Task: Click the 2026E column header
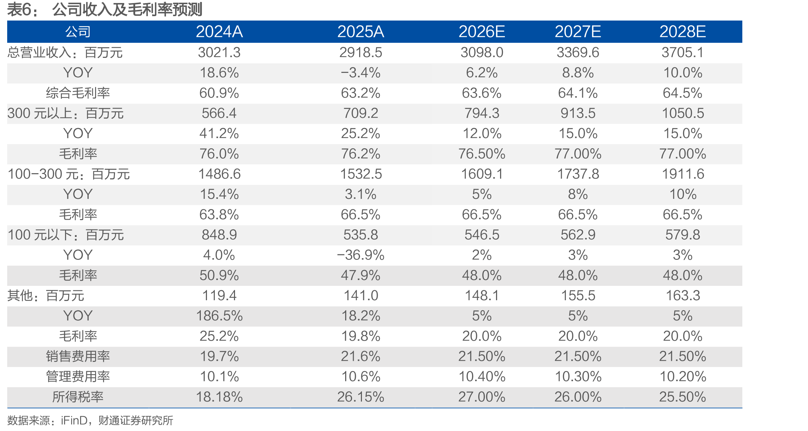coord(482,32)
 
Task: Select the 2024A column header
coord(219,32)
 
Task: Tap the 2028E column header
coord(682,32)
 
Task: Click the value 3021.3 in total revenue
coord(219,52)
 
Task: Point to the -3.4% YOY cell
coord(361,73)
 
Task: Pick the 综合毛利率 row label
coord(78,93)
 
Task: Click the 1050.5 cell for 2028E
coord(683,113)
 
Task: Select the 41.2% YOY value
coord(219,134)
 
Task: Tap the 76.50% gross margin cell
coord(482,154)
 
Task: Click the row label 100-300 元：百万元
coord(69,174)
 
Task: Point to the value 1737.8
coord(578,174)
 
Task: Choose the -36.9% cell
coord(361,255)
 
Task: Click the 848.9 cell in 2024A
coord(219,235)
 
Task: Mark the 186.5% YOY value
coord(219,316)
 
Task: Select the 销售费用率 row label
coord(78,356)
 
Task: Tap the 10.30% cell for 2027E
coord(578,377)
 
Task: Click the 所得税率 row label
coord(78,397)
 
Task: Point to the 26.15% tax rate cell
coord(361,397)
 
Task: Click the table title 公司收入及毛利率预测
coord(127,9)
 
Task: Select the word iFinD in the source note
coord(74,420)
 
